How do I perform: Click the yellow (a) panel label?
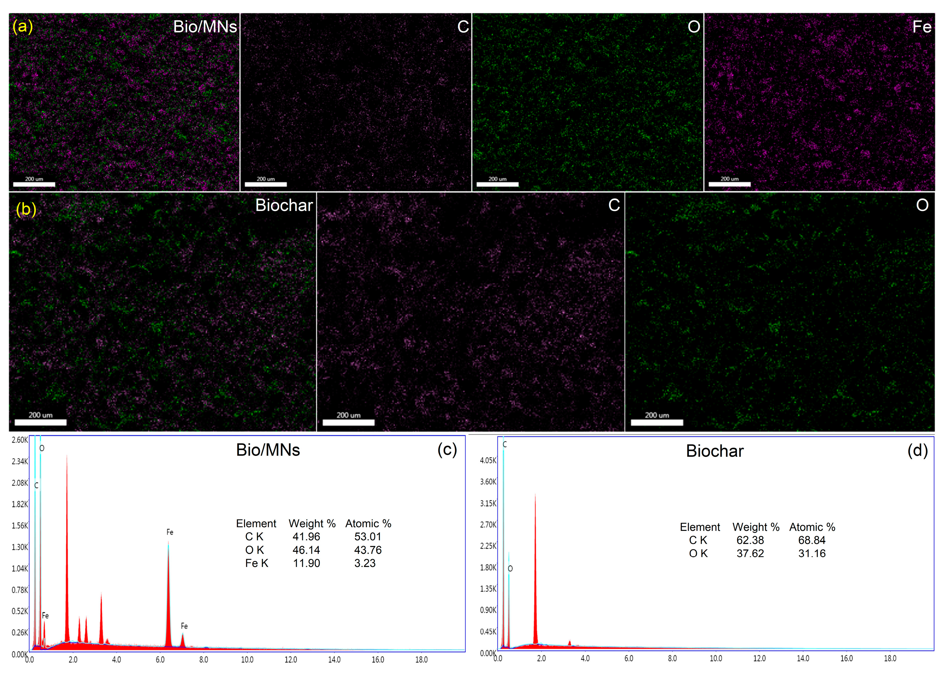22,26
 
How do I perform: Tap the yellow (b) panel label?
26,209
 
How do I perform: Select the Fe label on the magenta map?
922,27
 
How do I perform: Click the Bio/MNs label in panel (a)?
205,27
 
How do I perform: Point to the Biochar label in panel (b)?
284,205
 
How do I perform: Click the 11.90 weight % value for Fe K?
306,563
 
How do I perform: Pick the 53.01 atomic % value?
368,537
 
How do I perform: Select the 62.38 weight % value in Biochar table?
750,540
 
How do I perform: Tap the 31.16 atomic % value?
812,553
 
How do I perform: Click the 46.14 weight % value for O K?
306,550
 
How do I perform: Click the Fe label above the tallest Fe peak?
170,532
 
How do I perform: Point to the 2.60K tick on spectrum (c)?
20,440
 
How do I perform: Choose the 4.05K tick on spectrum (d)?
488,460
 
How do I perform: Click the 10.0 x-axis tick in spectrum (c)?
247,660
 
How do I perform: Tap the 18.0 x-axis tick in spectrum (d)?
890,659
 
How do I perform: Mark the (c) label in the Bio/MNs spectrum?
447,450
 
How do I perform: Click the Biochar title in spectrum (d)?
715,451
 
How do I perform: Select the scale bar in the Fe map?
730,184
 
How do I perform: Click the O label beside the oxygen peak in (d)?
510,568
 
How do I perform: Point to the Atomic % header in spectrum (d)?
812,527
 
